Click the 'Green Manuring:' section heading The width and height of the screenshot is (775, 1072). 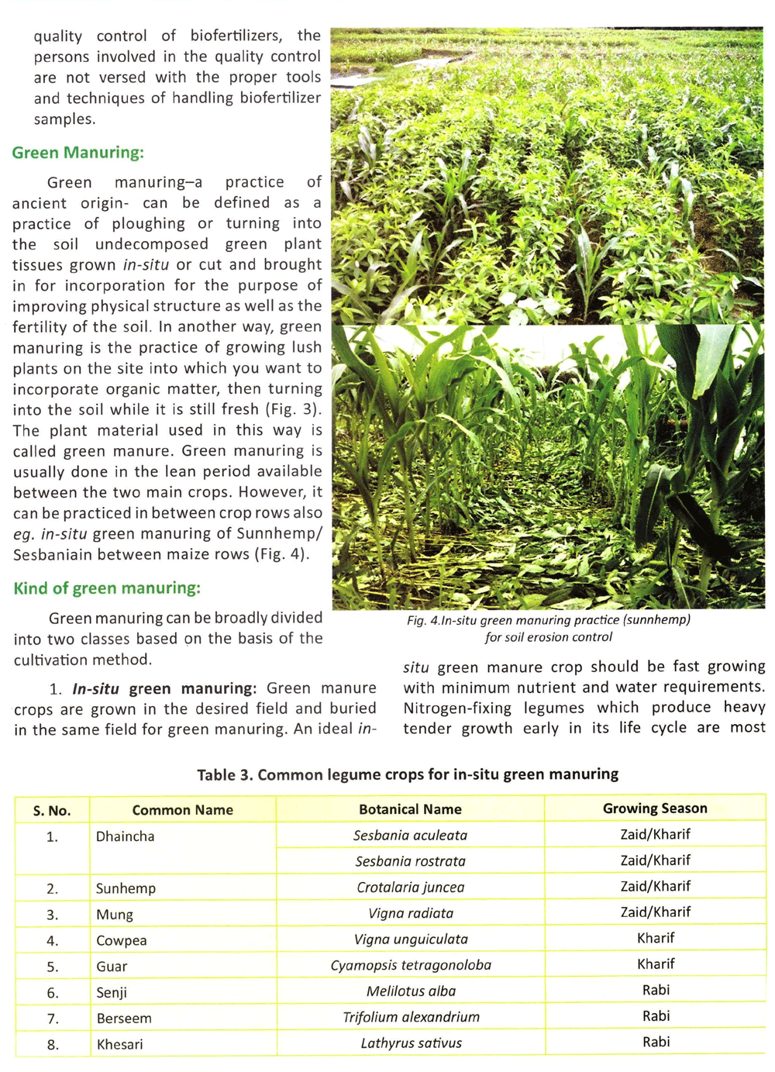pyautogui.click(x=77, y=153)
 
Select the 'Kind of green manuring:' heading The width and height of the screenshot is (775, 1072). pyautogui.click(x=107, y=588)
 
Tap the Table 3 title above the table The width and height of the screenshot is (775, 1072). pyautogui.click(x=408, y=774)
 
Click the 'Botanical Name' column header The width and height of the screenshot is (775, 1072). pyautogui.click(x=410, y=809)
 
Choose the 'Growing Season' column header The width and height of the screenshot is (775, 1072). pyautogui.click(x=655, y=808)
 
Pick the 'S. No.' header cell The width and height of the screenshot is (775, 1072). pyautogui.click(x=52, y=811)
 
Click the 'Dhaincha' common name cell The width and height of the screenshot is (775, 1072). pyautogui.click(x=125, y=836)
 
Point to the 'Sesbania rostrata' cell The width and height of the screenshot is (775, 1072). pyautogui.click(x=410, y=861)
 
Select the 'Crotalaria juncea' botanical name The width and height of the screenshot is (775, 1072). pyautogui.click(x=410, y=888)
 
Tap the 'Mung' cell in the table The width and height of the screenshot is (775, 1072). pyautogui.click(x=115, y=915)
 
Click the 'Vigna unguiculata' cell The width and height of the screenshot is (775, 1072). pyautogui.click(x=411, y=939)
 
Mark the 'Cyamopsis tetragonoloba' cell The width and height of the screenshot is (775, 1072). pyautogui.click(x=411, y=966)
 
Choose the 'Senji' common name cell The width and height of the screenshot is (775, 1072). pyautogui.click(x=112, y=993)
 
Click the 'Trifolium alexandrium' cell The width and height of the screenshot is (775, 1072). pyautogui.click(x=411, y=1017)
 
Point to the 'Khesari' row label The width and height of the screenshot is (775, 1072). pyautogui.click(x=120, y=1045)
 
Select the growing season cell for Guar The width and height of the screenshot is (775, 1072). pyautogui.click(x=656, y=964)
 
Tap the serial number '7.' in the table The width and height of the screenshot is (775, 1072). pyautogui.click(x=53, y=1019)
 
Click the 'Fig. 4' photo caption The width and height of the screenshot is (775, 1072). pyautogui.click(x=549, y=629)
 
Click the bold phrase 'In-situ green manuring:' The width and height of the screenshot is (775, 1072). pyautogui.click(x=164, y=688)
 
